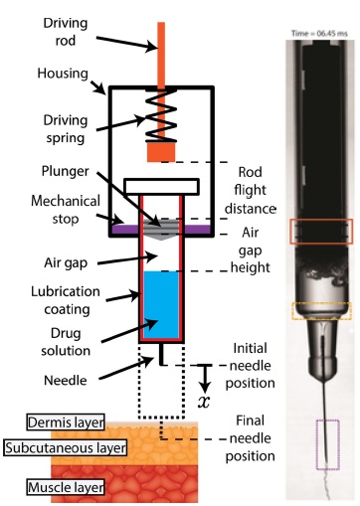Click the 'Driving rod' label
click(x=66, y=32)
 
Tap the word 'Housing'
click(x=63, y=74)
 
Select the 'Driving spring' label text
click(x=66, y=129)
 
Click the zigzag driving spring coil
click(x=161, y=115)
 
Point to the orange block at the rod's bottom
click(x=161, y=152)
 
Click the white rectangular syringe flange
click(x=161, y=187)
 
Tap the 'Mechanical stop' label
click(x=66, y=210)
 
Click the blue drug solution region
click(x=161, y=305)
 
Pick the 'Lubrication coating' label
click(x=66, y=300)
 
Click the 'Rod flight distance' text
click(x=250, y=190)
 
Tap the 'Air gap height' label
click(x=251, y=250)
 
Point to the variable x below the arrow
click(x=204, y=402)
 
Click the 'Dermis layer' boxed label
click(x=66, y=422)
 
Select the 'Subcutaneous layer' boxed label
click(x=66, y=447)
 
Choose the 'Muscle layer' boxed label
click(x=66, y=487)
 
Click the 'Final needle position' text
click(x=251, y=438)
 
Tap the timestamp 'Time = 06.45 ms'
click(x=319, y=33)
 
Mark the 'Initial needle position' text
click(x=251, y=366)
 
